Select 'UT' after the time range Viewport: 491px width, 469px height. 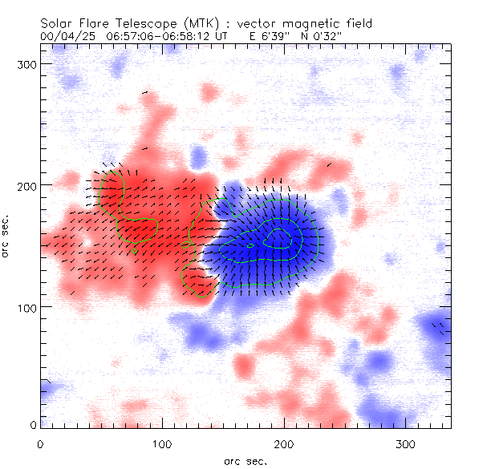(x=221, y=36)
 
